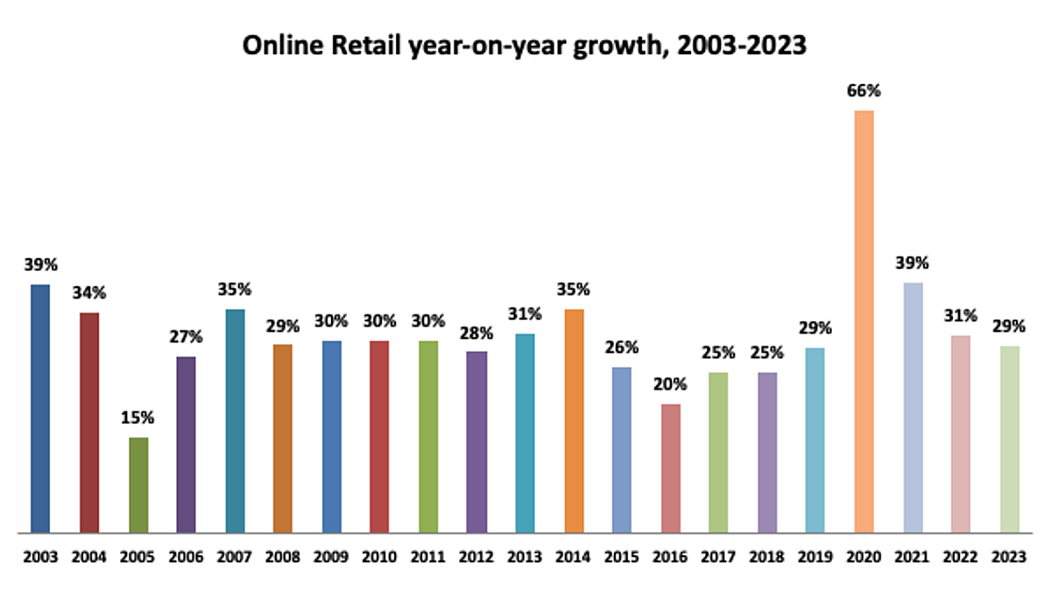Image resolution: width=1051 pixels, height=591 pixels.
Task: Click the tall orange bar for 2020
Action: point(864,321)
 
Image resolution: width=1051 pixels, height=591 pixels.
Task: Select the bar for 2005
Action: point(138,484)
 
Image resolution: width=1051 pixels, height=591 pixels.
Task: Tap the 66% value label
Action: point(864,91)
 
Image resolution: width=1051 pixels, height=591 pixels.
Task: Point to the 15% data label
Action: point(138,418)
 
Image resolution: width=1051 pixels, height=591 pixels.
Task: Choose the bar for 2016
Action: point(670,468)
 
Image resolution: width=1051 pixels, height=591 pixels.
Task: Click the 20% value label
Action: point(670,384)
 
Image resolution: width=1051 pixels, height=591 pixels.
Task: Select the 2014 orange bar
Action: point(574,420)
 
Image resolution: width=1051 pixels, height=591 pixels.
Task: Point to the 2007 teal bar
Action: point(235,420)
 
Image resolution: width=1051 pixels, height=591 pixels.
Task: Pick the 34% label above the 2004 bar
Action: point(89,292)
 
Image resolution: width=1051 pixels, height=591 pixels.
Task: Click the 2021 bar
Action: point(912,407)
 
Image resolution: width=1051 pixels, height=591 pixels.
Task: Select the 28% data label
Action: point(476,333)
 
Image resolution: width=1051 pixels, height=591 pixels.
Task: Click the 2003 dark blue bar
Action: point(40,408)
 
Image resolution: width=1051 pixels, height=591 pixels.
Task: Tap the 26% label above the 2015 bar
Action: point(622,348)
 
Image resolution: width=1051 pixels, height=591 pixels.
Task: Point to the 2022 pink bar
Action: point(961,433)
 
